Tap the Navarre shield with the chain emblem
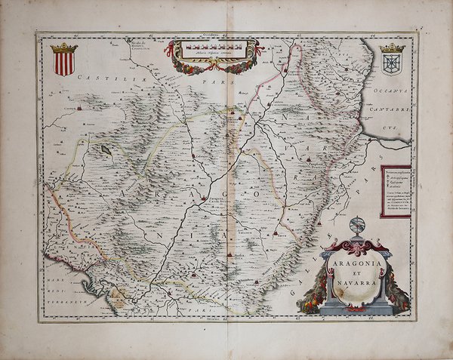coord(392,62)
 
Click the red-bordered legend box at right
coord(396,191)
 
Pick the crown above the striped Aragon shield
coord(63,48)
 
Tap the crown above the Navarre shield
coord(392,48)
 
